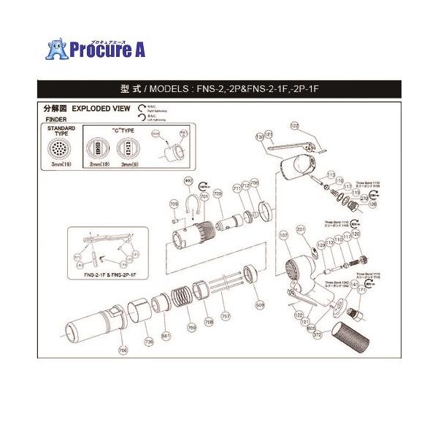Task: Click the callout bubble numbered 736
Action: (x=149, y=341)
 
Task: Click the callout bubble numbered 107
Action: (x=283, y=236)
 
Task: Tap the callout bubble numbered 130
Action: (x=259, y=137)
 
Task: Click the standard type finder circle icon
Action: (x=61, y=149)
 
